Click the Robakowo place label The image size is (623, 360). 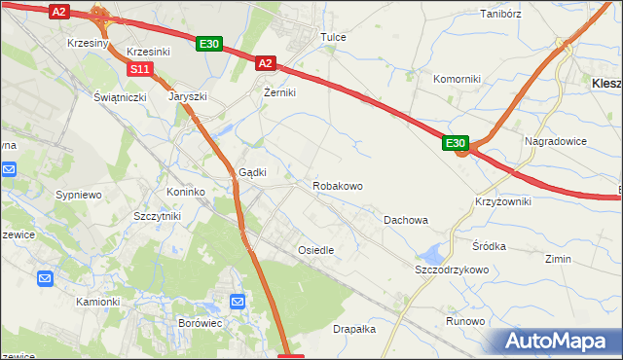[338, 186]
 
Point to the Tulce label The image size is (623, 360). [334, 37]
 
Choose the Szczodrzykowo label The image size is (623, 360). [451, 270]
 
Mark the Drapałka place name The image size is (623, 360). [354, 329]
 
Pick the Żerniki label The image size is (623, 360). [279, 92]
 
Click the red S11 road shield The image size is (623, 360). [140, 68]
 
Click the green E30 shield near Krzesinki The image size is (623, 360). [209, 44]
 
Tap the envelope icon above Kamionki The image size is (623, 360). [46, 279]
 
